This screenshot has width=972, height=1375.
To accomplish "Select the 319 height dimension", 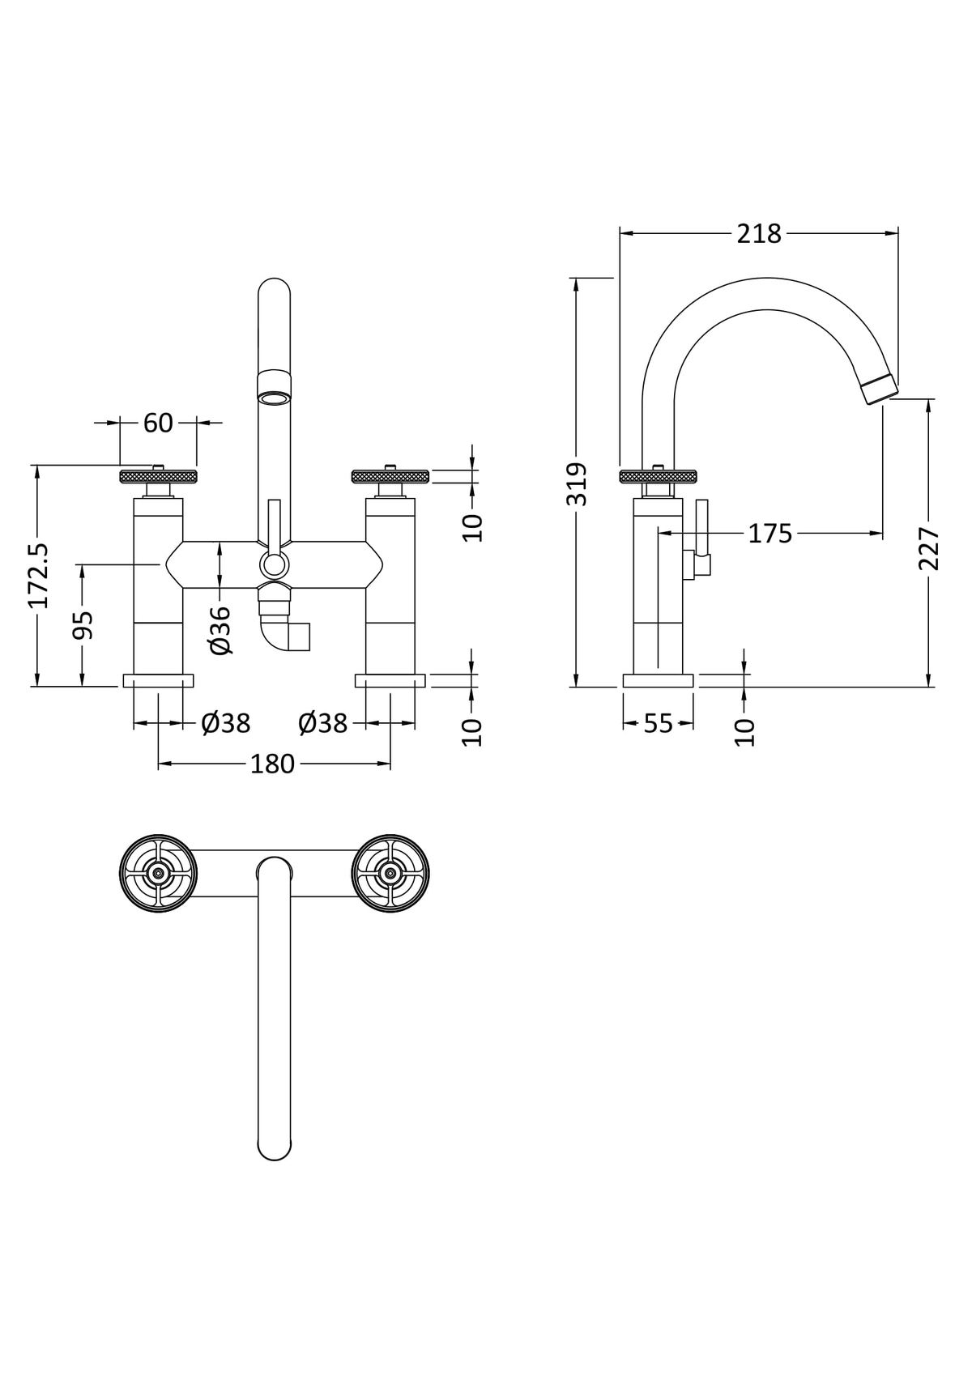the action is (x=577, y=484).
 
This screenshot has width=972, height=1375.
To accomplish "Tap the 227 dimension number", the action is (x=929, y=548).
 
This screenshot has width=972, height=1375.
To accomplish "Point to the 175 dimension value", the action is (x=770, y=534).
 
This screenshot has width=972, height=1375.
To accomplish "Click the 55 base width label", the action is (x=659, y=724).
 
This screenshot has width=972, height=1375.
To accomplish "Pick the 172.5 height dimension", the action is (x=39, y=575).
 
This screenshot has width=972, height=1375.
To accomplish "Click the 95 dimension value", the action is (x=83, y=625).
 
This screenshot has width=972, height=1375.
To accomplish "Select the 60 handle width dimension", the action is (x=158, y=423).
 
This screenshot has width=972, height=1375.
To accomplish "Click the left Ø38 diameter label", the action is (x=226, y=724).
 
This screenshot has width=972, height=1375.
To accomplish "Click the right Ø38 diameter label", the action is (x=323, y=724).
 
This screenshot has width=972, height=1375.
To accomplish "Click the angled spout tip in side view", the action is (x=880, y=391).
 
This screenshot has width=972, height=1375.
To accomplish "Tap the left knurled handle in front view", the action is (x=158, y=476).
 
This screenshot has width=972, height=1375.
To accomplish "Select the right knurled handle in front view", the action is (x=390, y=476).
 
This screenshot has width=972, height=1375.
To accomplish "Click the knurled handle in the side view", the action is (x=659, y=476).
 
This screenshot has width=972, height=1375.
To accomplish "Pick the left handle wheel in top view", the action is (x=159, y=874).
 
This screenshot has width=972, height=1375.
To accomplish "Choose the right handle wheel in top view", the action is (x=390, y=874).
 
